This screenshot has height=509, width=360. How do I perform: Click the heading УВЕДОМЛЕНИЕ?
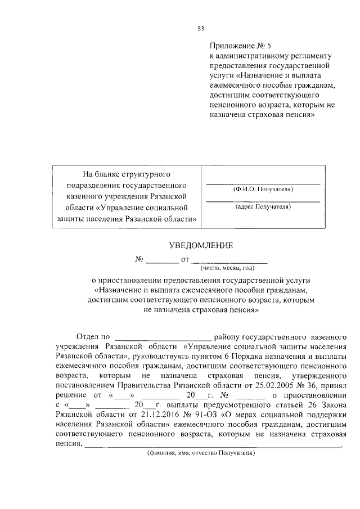201,245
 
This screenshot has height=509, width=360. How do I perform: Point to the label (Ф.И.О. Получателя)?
262,190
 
